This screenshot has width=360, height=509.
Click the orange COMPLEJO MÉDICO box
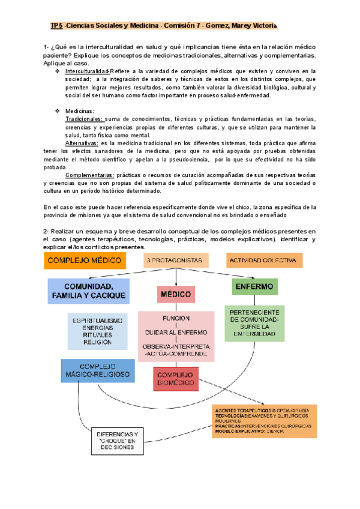coord(84,261)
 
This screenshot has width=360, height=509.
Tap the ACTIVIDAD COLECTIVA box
coord(265,261)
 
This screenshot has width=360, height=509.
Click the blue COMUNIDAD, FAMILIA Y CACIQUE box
coord(88,291)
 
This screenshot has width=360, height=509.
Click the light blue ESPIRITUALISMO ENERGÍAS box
coord(97,331)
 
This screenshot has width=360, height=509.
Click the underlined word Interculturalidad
coord(87,71)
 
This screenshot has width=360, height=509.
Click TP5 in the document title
coord(56,26)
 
